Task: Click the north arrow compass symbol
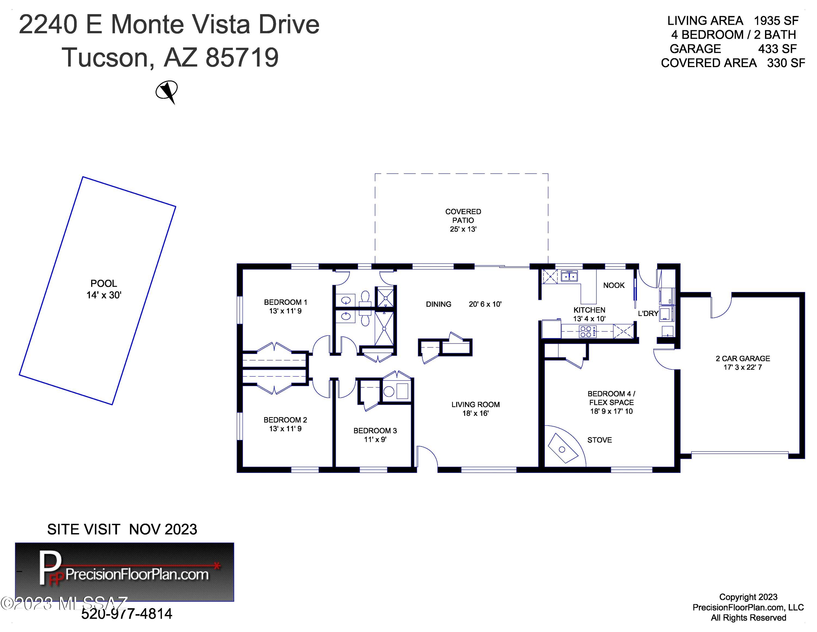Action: coord(167,91)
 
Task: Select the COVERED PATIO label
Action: coord(463,220)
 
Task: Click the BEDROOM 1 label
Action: coord(285,306)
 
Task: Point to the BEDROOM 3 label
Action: coord(375,435)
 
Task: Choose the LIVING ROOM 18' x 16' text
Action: coord(475,409)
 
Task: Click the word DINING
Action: coord(438,304)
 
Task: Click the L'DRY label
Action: coord(648,313)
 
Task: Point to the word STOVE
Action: coord(600,440)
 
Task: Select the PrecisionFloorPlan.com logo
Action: coord(124,572)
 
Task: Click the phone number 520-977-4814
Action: coord(127,614)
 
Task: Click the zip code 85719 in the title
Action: coord(242,57)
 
